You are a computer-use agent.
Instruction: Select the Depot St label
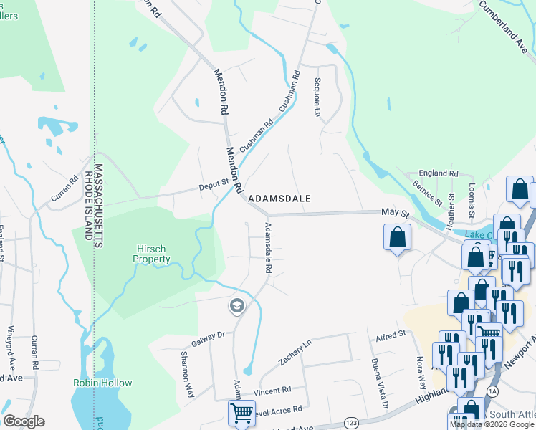213,188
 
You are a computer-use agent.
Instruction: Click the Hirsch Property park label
153,254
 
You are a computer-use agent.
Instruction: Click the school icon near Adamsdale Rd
236,307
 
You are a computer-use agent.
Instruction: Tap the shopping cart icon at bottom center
241,413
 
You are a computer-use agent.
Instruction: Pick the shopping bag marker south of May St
397,238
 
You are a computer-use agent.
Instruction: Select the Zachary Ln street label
296,353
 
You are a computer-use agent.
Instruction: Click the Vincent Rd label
276,391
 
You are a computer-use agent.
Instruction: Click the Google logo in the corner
24,421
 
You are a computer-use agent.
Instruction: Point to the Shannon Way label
187,376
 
